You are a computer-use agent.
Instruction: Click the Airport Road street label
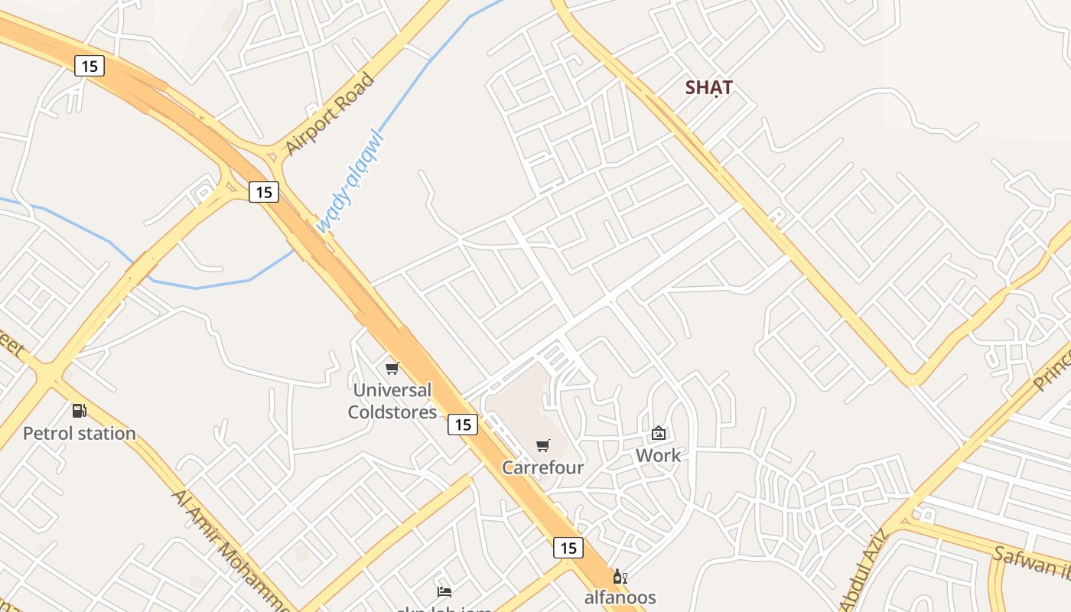tap(329, 114)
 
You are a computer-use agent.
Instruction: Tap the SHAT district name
tap(708, 87)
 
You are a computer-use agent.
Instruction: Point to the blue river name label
tap(349, 183)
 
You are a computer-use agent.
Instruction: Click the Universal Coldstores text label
tap(392, 401)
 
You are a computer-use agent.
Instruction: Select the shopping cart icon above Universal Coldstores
tap(392, 369)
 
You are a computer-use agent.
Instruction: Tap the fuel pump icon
tap(79, 411)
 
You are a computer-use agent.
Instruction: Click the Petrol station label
tap(80, 433)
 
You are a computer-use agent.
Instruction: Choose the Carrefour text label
tap(542, 467)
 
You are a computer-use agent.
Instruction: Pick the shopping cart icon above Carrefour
tap(543, 445)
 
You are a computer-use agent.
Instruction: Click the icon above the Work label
tap(658, 433)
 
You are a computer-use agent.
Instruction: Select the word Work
tap(658, 455)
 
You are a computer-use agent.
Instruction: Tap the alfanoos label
tap(620, 597)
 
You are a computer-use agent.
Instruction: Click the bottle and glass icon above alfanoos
tap(620, 576)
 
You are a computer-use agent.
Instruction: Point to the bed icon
tap(444, 591)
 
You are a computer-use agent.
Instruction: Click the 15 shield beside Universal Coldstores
tap(463, 424)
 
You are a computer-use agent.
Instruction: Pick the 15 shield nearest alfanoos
tap(568, 548)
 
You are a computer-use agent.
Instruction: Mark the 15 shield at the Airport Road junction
tap(264, 192)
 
